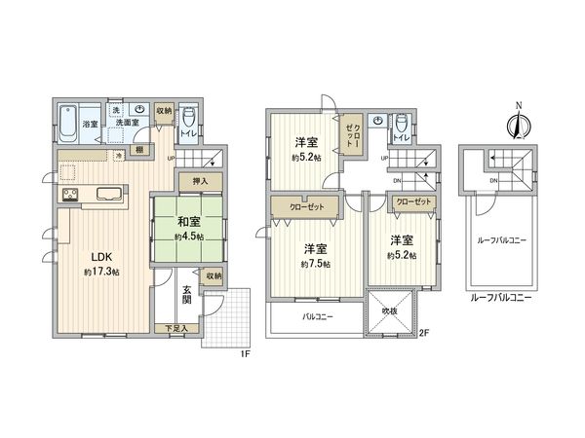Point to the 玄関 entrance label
(186, 293)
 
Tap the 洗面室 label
(127, 124)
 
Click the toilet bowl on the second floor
(402, 123)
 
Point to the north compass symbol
(517, 124)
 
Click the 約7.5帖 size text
(314, 264)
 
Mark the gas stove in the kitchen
(73, 195)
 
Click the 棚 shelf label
(140, 149)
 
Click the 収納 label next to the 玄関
(213, 276)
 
